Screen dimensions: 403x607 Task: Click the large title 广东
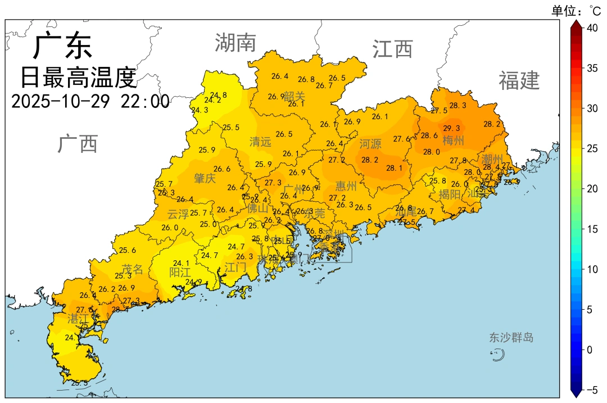click(62, 46)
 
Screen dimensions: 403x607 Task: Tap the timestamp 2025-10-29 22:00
click(90, 102)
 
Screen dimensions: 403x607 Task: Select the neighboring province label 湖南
click(235, 43)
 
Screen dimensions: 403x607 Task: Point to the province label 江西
click(392, 49)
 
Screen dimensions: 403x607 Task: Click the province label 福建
click(519, 81)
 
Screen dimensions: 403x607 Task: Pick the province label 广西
click(78, 144)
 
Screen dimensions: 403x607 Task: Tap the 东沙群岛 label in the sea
click(511, 338)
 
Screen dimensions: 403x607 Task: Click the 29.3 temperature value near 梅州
click(451, 128)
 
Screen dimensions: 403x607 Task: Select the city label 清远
click(260, 142)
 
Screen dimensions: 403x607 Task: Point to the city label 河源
click(370, 144)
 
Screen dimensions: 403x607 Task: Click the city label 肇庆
click(205, 178)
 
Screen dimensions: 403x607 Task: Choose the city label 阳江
click(180, 272)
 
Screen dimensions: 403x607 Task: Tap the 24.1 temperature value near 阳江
click(181, 263)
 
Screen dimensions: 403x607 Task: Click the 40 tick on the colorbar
click(592, 28)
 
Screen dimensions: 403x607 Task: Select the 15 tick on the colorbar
click(592, 229)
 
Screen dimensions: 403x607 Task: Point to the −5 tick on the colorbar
click(591, 390)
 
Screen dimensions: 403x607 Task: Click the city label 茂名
click(133, 269)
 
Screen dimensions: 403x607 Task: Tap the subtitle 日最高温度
click(79, 78)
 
